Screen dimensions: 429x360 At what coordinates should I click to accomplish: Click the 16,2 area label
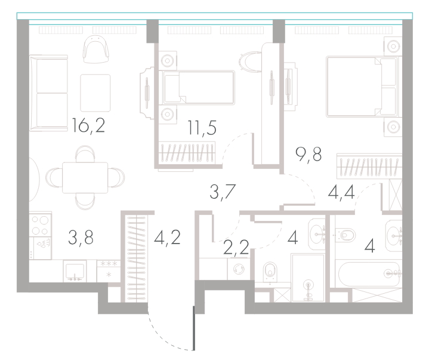point(88,126)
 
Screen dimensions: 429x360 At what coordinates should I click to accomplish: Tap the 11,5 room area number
point(202,128)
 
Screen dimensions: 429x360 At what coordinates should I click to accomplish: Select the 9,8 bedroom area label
point(308,155)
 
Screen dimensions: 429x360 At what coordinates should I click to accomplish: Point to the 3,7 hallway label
point(223,192)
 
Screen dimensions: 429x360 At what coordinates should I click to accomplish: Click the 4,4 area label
point(341,192)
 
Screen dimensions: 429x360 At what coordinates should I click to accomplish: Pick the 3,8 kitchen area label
point(81,238)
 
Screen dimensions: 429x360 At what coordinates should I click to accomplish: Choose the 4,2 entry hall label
point(167,238)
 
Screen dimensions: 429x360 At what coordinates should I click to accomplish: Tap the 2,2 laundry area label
point(236,247)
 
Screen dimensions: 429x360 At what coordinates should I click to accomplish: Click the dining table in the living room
point(85,178)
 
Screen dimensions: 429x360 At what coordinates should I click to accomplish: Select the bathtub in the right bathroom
point(369,274)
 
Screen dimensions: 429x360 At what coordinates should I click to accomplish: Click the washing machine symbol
point(238,269)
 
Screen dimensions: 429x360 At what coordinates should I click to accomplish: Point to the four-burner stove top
point(40,224)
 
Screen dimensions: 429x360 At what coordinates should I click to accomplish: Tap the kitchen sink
point(75,271)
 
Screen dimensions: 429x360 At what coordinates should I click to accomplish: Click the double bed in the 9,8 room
point(362,87)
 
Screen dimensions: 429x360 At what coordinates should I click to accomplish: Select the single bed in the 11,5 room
point(199,87)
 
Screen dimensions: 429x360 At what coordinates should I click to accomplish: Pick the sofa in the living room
point(49,93)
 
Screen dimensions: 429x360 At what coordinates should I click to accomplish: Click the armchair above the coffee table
point(95,50)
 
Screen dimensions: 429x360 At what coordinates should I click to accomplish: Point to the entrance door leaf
point(194,328)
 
